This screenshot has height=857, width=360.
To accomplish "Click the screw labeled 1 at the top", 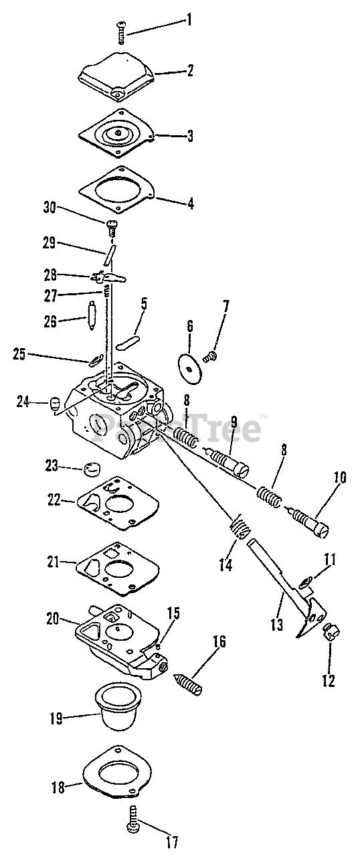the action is point(121,33).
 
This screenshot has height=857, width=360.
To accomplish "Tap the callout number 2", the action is point(190,70).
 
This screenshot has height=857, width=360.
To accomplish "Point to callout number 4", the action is point(190,203).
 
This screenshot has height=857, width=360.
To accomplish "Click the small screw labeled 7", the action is point(209,357).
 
